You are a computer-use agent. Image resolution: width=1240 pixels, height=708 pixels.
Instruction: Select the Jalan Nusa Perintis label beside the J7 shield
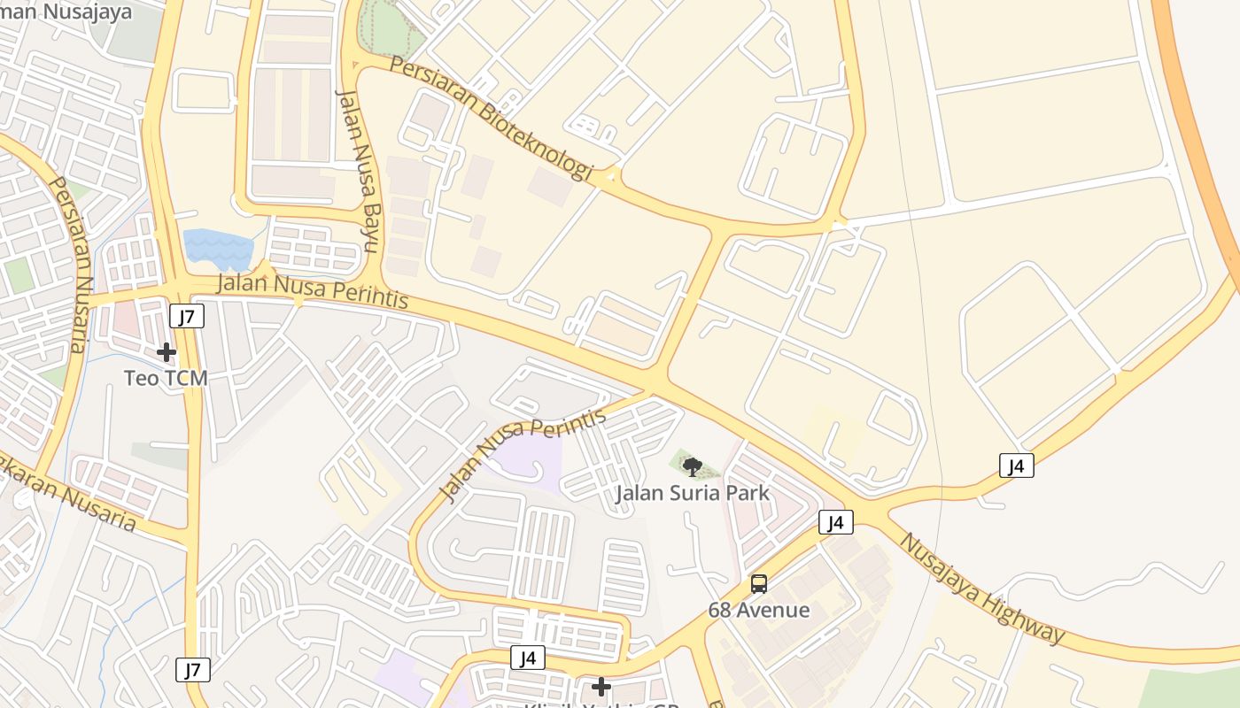coord(313,292)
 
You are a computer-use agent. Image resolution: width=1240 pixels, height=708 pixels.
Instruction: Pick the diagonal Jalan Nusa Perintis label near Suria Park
coord(523,453)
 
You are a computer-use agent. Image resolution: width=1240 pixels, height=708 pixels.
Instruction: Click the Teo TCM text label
coord(166,378)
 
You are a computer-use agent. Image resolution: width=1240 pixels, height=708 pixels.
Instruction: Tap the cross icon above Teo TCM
coord(166,352)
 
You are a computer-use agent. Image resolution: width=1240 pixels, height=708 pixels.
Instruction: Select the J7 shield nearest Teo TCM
coord(187,316)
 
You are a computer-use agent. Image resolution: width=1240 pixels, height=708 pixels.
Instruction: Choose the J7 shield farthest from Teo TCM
coord(193,670)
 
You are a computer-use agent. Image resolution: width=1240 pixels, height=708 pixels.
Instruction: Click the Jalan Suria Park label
coord(693,493)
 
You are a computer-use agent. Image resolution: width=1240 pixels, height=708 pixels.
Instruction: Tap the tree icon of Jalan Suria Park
coord(693,466)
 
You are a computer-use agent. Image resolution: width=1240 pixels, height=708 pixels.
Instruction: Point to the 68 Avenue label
coord(758,610)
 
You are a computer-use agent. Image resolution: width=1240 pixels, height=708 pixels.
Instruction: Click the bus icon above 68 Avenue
coord(759,584)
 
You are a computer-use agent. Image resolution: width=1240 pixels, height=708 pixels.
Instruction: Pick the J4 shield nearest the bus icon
coord(835,522)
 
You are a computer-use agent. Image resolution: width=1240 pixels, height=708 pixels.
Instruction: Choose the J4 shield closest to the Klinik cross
coord(528,658)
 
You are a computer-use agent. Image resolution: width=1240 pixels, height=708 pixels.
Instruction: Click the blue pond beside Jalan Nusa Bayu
coord(217,249)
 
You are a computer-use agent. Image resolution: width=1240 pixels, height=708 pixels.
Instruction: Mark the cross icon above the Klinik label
coord(601,687)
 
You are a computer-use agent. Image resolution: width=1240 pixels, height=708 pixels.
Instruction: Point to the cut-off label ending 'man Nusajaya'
coord(66,12)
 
